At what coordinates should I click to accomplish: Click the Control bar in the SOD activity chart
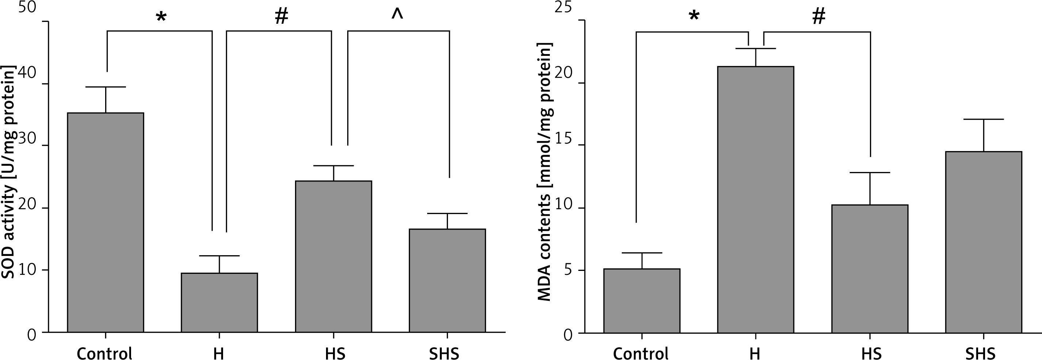pos(106,222)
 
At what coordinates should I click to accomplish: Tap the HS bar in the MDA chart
pos(870,269)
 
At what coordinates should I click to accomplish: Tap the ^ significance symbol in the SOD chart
pos(397,14)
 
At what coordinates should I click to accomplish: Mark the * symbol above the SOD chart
pos(161,17)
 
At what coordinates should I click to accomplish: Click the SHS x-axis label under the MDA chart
pos(983,353)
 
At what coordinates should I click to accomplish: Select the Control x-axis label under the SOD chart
pos(105,353)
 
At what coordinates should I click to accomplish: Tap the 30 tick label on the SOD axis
pos(27,139)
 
